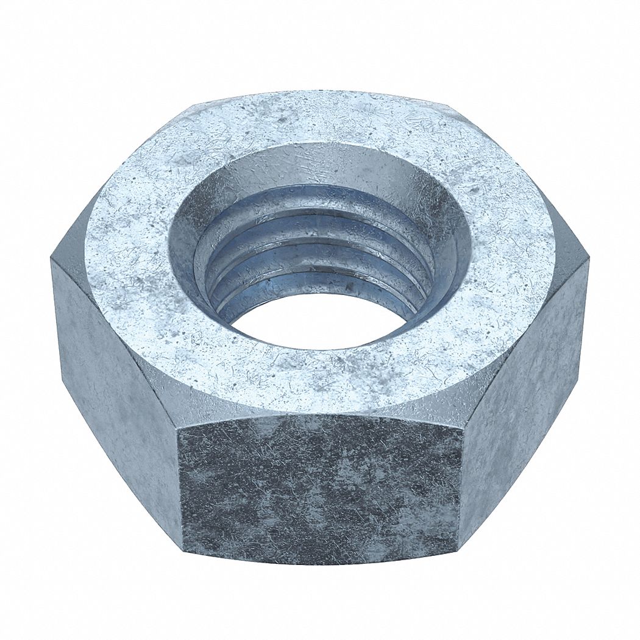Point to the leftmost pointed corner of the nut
click(51, 259)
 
